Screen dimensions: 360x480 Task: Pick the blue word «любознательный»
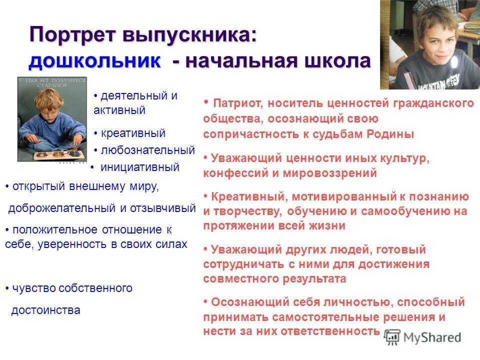(x=148, y=150)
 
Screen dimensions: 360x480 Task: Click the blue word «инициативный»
(x=140, y=167)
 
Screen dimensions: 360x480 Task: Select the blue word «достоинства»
(x=45, y=310)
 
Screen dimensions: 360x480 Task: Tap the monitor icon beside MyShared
(x=393, y=336)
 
